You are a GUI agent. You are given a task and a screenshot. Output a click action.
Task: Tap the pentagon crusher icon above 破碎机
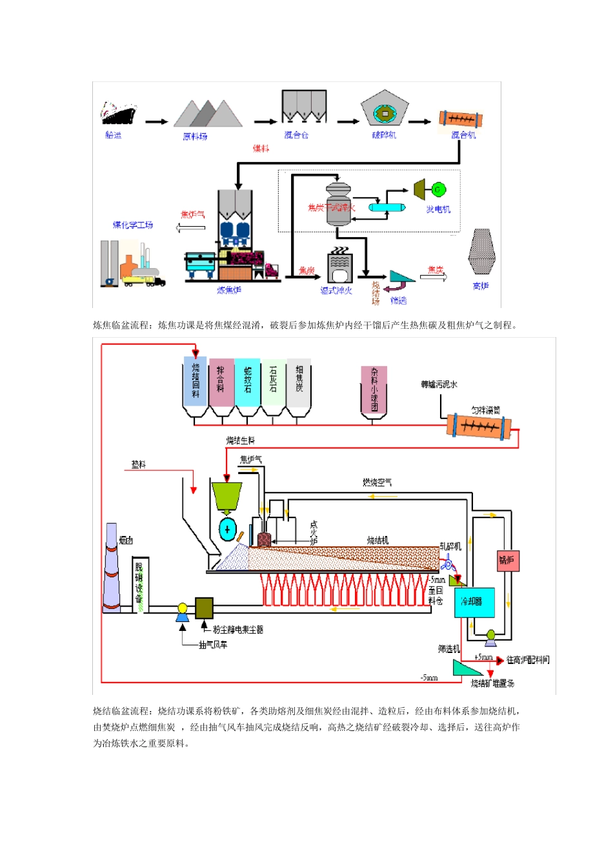point(385,108)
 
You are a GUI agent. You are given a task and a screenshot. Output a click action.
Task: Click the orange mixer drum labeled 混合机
point(461,119)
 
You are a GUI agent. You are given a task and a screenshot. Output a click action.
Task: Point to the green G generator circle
point(438,189)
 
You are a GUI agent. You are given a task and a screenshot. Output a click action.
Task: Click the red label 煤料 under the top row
point(261,149)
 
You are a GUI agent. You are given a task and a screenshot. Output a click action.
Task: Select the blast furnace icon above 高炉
point(481,253)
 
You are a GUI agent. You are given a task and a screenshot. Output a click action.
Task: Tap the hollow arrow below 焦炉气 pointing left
point(190,227)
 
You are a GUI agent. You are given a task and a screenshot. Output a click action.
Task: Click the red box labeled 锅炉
point(507,561)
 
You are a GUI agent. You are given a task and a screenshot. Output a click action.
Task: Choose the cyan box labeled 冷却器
point(474,602)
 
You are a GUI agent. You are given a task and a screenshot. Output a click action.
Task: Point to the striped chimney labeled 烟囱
point(112,568)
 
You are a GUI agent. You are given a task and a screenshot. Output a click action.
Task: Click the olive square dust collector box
point(204,608)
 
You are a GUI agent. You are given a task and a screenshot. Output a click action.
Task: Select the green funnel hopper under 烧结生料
point(226,496)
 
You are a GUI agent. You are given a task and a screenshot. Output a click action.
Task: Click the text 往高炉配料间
point(528,659)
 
